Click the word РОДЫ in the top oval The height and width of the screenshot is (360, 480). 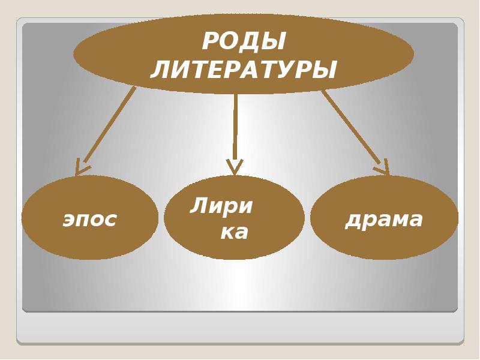[244, 42]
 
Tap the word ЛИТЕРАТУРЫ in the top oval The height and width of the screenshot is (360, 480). [244, 70]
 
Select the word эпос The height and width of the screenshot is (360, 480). [90, 220]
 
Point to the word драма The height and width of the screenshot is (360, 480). [384, 220]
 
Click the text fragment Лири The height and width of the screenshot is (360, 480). [221, 206]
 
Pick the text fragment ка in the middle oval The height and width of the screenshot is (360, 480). [234, 232]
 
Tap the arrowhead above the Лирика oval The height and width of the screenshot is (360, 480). [235, 166]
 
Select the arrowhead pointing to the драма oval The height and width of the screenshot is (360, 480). [383, 168]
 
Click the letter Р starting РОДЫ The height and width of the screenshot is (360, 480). [209, 42]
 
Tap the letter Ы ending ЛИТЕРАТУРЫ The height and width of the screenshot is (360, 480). [324, 70]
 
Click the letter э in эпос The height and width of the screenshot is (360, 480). [69, 220]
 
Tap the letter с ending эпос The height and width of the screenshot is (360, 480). [110, 220]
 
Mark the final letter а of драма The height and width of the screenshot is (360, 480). [416, 220]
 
